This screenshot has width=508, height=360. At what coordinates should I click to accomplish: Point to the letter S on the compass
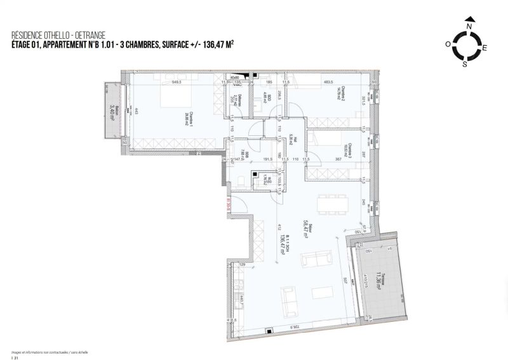click(464, 64)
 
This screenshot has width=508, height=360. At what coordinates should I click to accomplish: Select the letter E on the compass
click(485, 48)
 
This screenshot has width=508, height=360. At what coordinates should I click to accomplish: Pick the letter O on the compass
click(448, 44)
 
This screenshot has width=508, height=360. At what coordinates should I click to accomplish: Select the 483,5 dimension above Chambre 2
click(328, 82)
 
